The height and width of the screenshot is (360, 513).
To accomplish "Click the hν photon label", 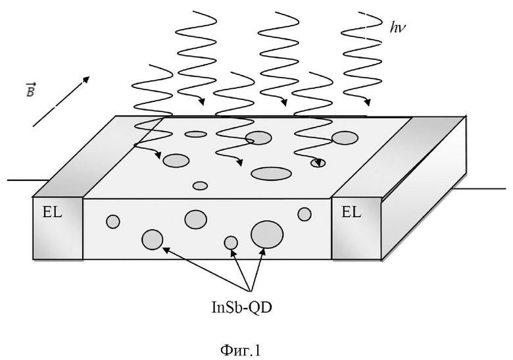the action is (x=397, y=27).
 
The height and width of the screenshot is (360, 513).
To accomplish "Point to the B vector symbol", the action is (x=30, y=90).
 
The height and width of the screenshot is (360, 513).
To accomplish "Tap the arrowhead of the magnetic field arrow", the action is (x=86, y=80).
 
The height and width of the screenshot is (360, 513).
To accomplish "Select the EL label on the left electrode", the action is (x=52, y=213).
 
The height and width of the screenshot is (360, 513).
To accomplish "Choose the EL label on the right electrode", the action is (x=351, y=213).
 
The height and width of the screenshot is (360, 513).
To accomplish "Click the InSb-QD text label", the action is (x=242, y=307).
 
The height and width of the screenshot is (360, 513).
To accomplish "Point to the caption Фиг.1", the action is (x=241, y=351).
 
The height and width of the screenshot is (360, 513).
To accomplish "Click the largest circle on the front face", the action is (x=267, y=234).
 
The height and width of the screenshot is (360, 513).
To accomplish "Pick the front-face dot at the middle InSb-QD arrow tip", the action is (x=231, y=243).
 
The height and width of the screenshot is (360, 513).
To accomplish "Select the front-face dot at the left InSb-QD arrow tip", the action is (x=153, y=240).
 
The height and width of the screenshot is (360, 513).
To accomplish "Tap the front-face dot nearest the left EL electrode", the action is (x=113, y=222).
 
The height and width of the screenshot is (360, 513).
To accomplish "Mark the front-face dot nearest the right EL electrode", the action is (x=305, y=215).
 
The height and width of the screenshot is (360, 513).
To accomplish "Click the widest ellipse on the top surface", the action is (x=271, y=174).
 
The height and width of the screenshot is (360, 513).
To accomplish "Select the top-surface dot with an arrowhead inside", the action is (x=318, y=163).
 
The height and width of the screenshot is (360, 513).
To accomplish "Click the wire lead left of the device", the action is (x=28, y=180).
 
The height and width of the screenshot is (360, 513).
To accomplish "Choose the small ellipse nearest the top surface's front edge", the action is (x=200, y=186).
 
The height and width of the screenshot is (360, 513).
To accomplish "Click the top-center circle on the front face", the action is (x=195, y=219).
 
